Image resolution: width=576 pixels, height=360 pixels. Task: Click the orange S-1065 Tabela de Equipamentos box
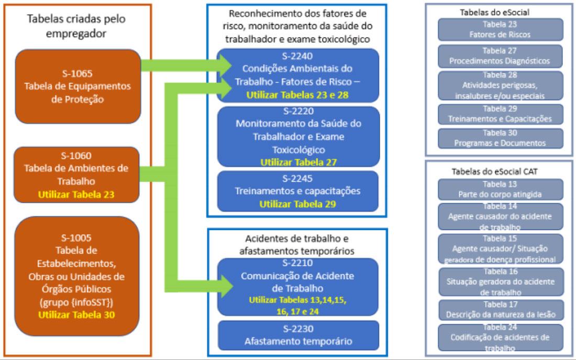click(77, 86)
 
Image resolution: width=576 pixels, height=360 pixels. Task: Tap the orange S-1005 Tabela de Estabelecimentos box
click(77, 272)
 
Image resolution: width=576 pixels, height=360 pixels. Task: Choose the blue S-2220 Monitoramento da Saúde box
click(297, 136)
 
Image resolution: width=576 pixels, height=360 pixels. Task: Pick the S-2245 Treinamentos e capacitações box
click(297, 191)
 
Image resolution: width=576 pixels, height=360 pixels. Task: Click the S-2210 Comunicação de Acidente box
click(297, 286)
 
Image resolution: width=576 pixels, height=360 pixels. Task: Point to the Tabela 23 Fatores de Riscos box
click(500, 30)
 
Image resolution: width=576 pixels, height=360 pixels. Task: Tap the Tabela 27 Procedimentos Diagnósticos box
click(500, 56)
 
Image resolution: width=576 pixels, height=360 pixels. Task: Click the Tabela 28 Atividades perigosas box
click(500, 86)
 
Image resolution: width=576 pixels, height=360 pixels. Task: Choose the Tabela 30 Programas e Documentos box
click(500, 138)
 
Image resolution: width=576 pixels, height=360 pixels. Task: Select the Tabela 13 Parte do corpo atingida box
click(500, 189)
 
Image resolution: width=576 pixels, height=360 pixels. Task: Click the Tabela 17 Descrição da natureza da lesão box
click(501, 310)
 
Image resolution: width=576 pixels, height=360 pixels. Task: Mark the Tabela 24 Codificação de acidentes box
click(501, 337)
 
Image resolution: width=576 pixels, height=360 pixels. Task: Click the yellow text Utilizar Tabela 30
click(77, 314)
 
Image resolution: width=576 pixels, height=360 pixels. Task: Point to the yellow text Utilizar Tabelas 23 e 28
click(297, 95)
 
